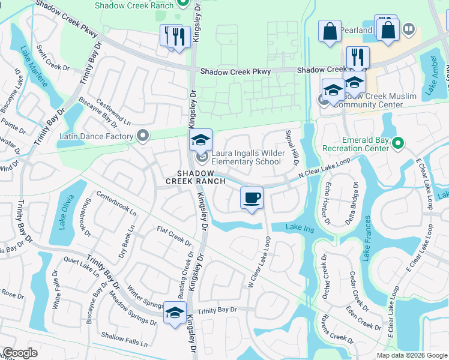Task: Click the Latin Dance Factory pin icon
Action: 143,136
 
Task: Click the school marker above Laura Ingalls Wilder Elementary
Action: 201,141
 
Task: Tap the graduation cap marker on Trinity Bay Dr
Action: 175,314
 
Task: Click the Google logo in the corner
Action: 20,353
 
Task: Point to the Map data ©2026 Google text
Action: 412,355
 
